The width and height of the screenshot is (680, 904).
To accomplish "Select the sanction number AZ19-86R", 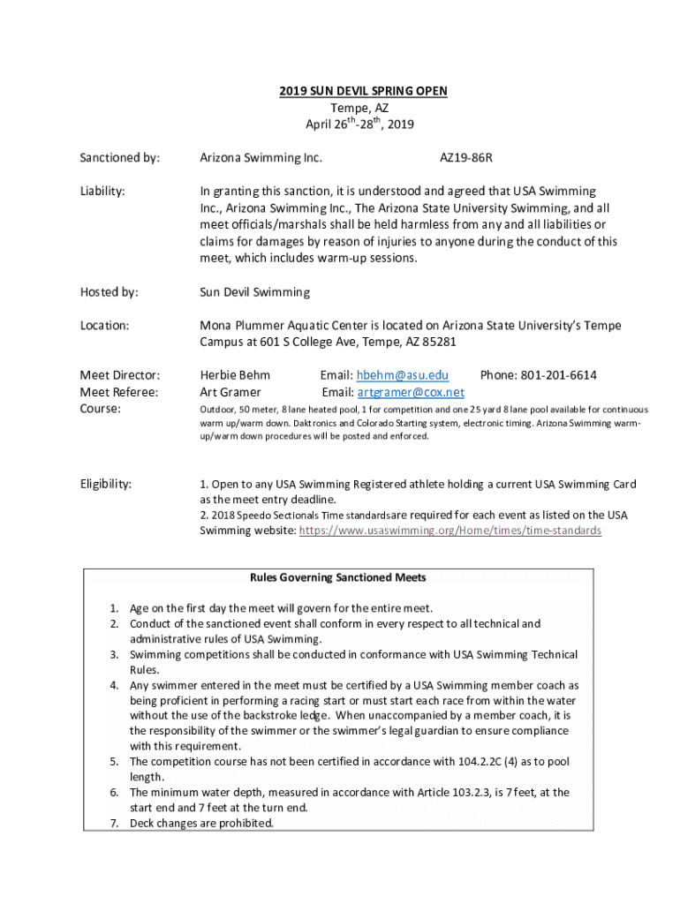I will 466,158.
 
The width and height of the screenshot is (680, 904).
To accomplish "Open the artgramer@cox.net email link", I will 411,392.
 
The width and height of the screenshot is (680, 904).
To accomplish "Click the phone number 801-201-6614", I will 561,375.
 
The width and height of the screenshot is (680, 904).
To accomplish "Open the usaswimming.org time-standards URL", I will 450,531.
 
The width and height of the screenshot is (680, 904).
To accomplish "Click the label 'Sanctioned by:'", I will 120,158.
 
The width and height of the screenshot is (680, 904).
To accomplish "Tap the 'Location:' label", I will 105,326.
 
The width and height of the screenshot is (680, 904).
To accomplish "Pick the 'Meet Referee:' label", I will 119,392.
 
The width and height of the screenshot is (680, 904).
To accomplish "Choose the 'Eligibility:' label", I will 106,484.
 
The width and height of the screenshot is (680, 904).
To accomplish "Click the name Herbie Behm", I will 235,375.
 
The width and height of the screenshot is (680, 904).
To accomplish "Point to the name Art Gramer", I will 230,392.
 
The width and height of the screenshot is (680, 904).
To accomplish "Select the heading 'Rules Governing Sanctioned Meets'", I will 338,577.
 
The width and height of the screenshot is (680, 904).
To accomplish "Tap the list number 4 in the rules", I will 114,685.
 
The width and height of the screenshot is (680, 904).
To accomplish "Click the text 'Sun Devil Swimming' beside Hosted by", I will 254,292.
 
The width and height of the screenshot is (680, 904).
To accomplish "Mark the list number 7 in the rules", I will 114,824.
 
